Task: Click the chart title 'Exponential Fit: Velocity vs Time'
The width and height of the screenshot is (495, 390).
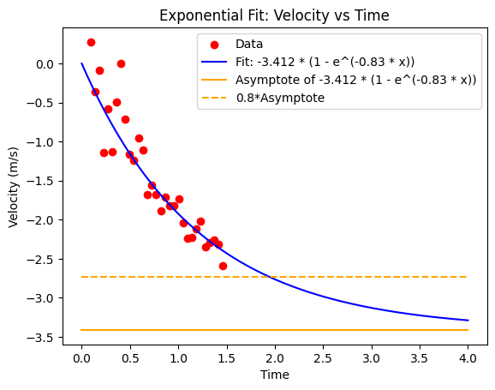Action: [274, 15]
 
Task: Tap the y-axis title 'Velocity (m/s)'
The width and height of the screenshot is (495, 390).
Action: [13, 187]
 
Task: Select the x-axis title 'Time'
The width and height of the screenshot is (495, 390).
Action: [275, 375]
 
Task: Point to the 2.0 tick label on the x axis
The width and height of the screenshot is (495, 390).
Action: [275, 358]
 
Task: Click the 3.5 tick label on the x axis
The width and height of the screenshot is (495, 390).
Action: [420, 358]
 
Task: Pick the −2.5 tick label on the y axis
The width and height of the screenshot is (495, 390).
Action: [40, 259]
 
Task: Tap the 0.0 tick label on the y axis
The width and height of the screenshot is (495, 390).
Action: [45, 64]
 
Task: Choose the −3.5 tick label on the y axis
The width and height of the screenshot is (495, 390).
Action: [40, 338]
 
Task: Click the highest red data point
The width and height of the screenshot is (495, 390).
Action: [91, 42]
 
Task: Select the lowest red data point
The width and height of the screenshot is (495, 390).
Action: [223, 266]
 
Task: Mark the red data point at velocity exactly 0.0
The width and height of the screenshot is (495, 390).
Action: [121, 63]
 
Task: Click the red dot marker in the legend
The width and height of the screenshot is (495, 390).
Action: [214, 45]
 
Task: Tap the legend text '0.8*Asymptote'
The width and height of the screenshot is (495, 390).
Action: [280, 98]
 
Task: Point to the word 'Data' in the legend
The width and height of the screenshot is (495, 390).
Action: [249, 44]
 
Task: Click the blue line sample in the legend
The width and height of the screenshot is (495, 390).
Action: [214, 62]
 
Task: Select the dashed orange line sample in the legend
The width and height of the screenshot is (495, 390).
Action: [214, 98]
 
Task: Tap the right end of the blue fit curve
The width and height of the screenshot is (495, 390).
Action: [468, 321]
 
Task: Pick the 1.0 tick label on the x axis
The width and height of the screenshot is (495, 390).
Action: [178, 358]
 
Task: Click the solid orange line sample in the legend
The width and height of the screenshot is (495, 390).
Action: [214, 80]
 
